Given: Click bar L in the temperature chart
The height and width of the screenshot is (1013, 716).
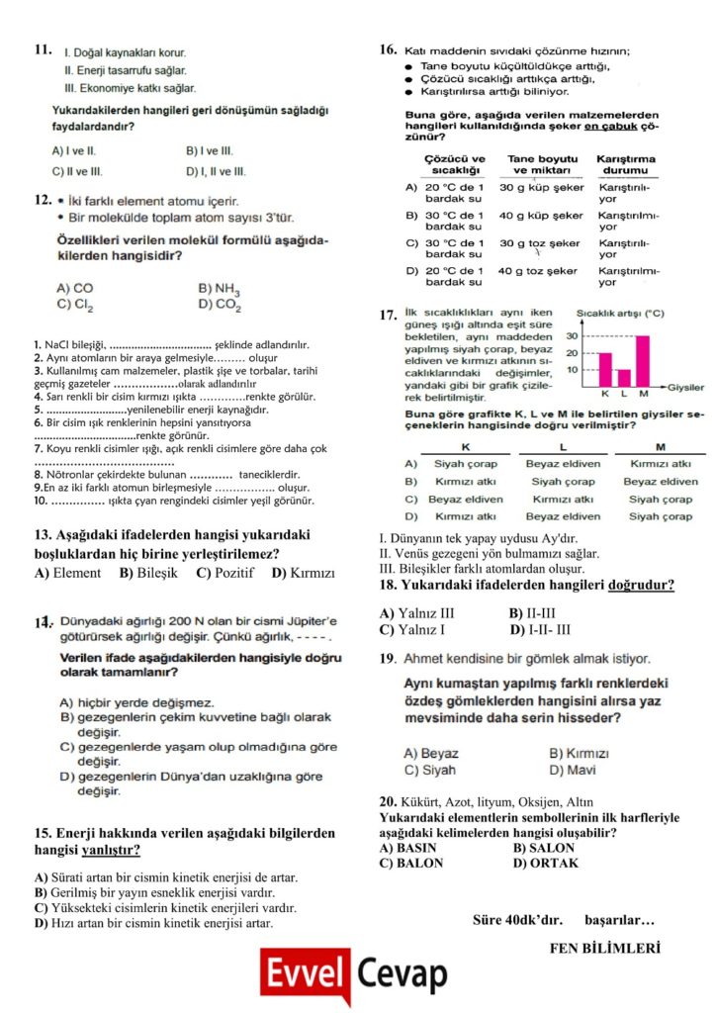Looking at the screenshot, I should click(x=623, y=378).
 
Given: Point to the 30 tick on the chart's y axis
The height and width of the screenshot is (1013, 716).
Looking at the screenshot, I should click(x=571, y=336).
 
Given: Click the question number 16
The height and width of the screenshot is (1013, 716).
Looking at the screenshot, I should click(x=388, y=48).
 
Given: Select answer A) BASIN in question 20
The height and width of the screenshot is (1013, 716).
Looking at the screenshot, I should click(x=407, y=848).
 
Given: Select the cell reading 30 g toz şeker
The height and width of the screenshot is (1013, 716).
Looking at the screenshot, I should click(x=539, y=243).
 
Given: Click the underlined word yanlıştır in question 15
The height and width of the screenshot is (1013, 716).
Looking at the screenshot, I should click(x=109, y=850).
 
